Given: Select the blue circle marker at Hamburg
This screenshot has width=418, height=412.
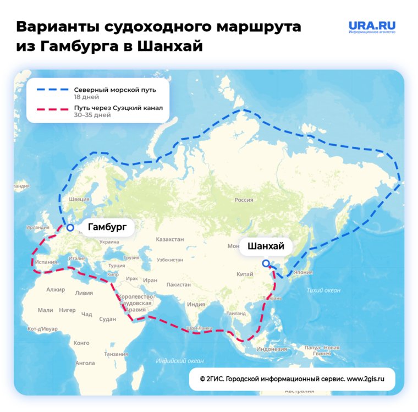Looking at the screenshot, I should point(70,227).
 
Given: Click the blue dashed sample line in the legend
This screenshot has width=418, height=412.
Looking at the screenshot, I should point(52,89).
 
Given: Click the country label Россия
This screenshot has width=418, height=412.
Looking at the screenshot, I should point(244,200).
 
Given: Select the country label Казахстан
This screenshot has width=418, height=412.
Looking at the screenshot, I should point(170,240).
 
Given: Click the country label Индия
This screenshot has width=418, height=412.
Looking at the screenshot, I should point(196,304).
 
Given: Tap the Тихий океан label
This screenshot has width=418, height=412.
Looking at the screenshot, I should point(323,290).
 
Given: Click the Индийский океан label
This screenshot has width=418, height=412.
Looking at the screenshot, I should point(180,361).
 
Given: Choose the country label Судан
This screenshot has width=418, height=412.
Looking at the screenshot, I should point(108,319).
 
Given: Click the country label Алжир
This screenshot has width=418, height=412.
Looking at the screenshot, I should point(56,289).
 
